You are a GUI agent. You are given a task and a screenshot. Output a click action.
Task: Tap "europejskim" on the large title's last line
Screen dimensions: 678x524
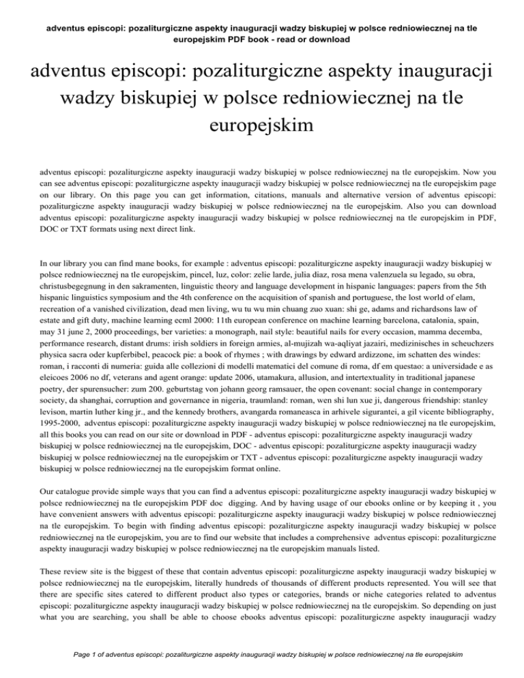tap(261, 126)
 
